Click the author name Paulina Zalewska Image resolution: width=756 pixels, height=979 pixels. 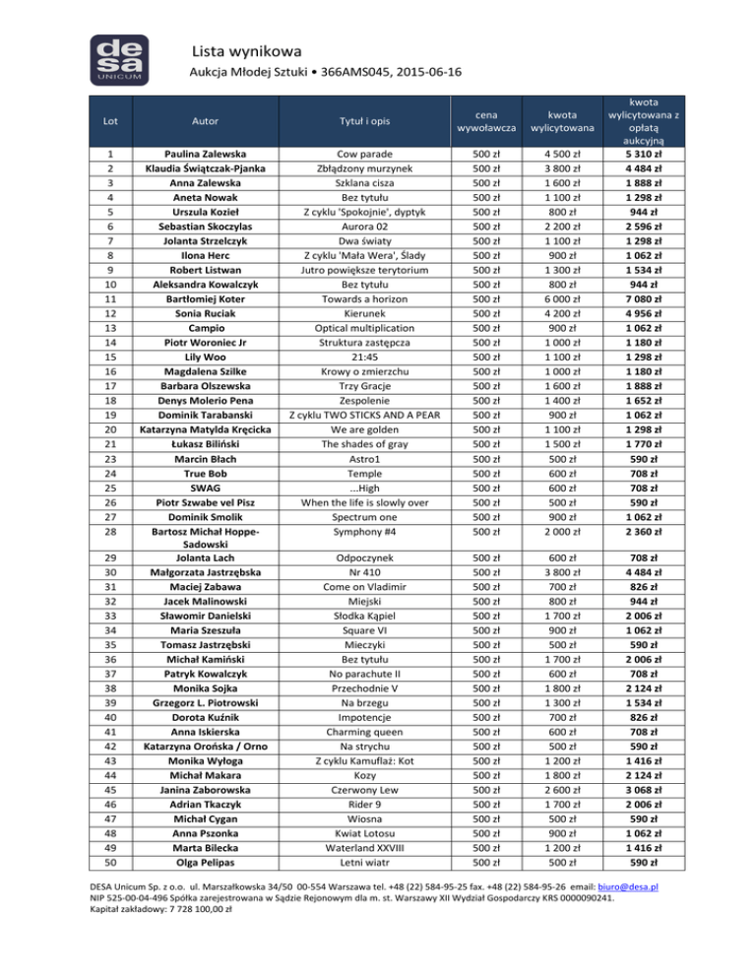(x=204, y=155)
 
